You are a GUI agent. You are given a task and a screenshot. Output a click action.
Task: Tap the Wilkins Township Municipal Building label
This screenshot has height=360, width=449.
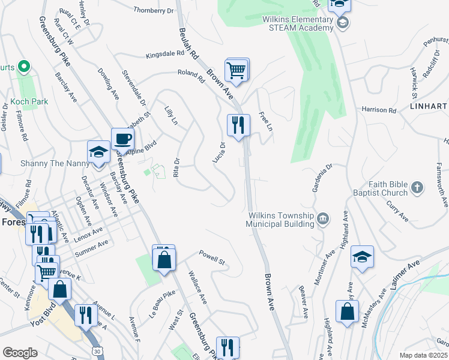click(x=280, y=220)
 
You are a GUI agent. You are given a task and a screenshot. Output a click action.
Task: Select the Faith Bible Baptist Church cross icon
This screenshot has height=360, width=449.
click(x=418, y=188)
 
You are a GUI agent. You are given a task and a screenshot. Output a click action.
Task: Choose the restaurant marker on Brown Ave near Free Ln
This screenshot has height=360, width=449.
click(x=238, y=125)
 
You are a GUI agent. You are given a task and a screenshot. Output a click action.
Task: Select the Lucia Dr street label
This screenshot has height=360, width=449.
click(x=218, y=152)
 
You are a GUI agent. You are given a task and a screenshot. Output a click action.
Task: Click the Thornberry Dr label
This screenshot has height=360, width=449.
click(x=153, y=10)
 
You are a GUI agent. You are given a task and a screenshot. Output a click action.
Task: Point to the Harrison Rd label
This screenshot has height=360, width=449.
click(x=379, y=110)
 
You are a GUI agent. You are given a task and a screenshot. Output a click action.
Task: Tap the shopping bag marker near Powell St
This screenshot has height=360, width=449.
click(x=164, y=259)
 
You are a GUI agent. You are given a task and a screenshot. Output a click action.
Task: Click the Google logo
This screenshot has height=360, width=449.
click(x=20, y=353)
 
